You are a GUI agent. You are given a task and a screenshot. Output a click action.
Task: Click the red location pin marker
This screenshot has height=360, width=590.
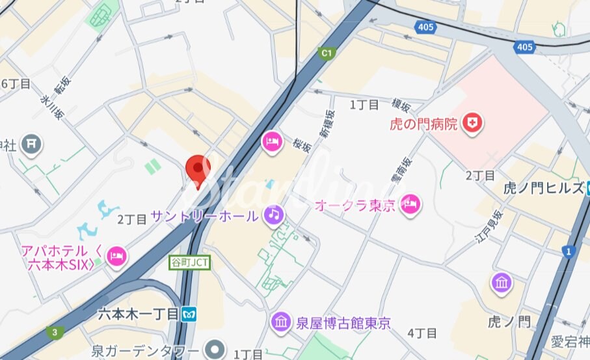198,168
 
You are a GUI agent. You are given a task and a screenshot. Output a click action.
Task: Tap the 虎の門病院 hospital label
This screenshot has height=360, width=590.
423,123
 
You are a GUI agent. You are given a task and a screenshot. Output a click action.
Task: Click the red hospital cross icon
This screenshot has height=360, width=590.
473,123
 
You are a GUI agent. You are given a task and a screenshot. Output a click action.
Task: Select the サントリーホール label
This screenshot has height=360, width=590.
204,216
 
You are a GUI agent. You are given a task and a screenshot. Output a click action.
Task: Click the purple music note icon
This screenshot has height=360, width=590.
274,214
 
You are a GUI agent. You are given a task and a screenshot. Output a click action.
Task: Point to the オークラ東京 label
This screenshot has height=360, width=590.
355,206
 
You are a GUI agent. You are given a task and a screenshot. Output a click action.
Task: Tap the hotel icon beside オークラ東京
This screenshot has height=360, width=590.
411,204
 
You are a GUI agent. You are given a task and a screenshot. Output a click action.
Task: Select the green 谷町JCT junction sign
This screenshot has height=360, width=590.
191,262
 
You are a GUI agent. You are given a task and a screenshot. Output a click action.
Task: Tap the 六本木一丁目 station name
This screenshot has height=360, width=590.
138,314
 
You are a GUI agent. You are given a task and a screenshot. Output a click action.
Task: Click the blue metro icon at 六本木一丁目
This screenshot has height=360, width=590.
189,314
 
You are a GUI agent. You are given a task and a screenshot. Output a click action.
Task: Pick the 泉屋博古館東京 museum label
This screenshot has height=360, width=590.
343,323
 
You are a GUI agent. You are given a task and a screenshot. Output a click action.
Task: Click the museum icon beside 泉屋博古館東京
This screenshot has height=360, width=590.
281,322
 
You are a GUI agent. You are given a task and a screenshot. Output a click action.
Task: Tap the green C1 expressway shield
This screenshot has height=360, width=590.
327,53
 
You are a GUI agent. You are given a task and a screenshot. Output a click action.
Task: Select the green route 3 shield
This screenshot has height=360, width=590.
55,333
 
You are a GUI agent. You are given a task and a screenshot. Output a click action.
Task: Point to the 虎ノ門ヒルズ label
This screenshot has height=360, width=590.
544,189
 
